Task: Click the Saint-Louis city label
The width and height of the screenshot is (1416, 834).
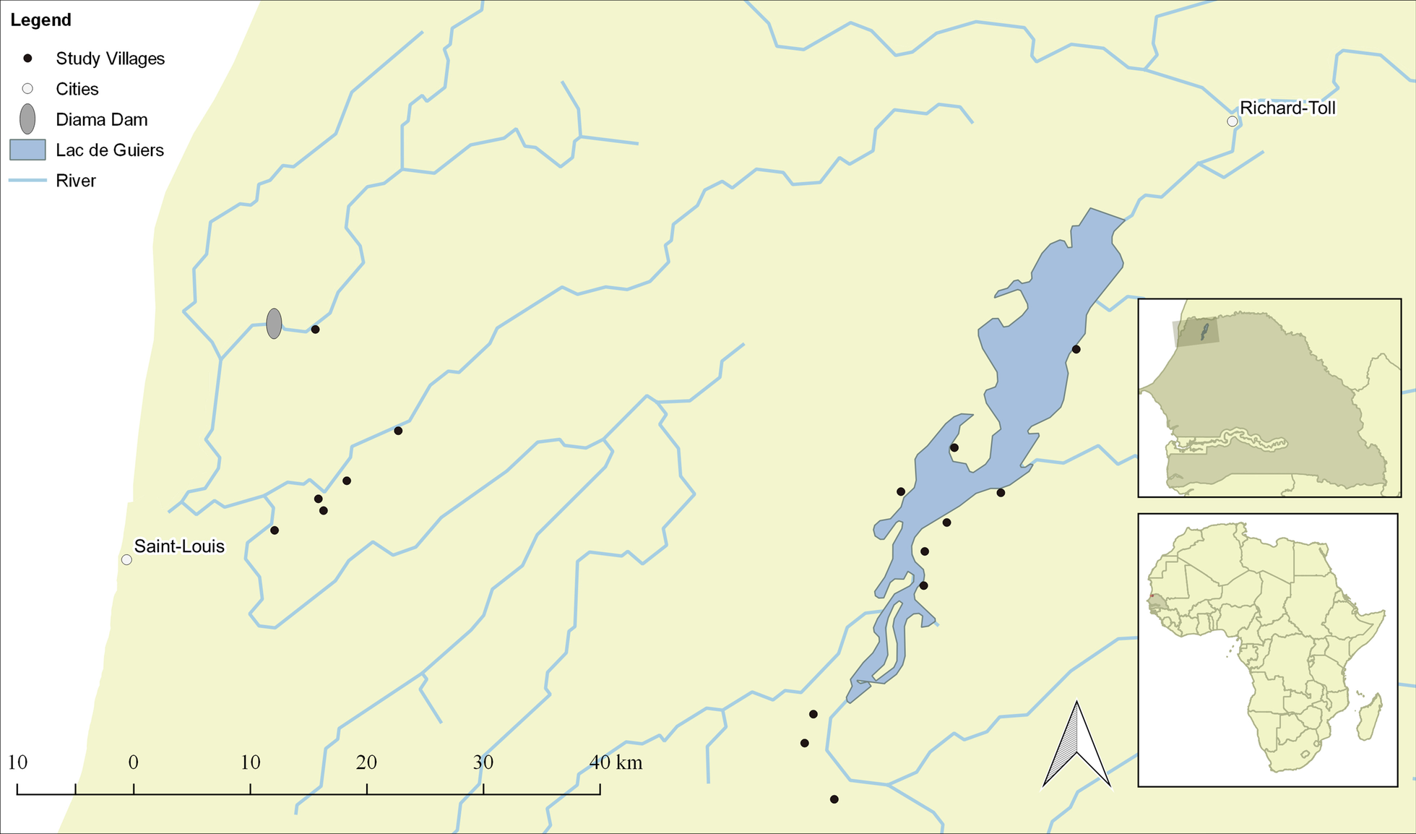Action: tap(179, 546)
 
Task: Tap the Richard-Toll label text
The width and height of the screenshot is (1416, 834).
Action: tap(1287, 108)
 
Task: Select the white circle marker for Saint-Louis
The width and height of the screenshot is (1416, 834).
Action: tap(126, 559)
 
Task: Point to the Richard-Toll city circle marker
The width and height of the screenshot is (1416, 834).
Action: tap(1232, 121)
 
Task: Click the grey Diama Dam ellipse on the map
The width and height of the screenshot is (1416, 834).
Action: tap(274, 324)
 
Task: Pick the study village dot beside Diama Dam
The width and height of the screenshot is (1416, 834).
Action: tap(315, 330)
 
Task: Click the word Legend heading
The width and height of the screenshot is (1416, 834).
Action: tap(40, 20)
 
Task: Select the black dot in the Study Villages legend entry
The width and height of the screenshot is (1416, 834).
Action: tap(27, 58)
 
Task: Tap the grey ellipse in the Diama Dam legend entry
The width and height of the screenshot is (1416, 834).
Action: tap(27, 119)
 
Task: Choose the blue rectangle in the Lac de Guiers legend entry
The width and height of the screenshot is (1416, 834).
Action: tap(27, 150)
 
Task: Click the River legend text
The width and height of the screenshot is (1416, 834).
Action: tap(75, 181)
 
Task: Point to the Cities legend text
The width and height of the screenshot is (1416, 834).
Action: tap(77, 89)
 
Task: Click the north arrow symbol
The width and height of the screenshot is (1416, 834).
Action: tap(1076, 748)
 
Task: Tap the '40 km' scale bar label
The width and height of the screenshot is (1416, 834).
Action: tap(616, 762)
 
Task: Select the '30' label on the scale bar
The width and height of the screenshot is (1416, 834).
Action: tap(483, 762)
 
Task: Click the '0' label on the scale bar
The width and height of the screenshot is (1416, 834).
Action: tap(134, 762)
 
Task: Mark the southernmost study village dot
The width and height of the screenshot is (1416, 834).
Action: tap(834, 799)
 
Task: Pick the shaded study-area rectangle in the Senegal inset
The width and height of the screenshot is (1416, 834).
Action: tap(1196, 333)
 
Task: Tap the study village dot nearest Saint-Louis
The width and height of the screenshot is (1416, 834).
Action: tap(275, 530)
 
